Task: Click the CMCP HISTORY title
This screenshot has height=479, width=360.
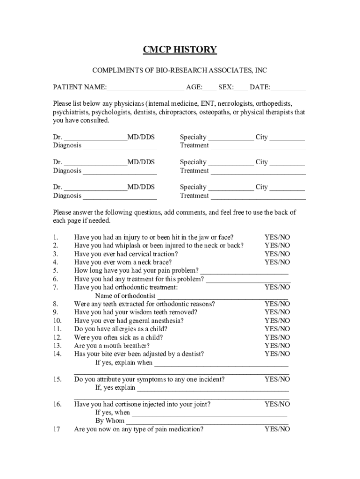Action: click(x=180, y=50)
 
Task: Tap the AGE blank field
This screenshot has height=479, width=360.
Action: click(x=209, y=88)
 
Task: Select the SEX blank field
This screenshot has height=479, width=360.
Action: click(x=241, y=88)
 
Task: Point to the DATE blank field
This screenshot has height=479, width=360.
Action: click(x=288, y=88)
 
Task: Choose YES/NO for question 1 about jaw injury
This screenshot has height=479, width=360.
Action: click(x=277, y=237)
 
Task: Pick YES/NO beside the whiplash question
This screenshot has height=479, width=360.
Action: click(x=277, y=246)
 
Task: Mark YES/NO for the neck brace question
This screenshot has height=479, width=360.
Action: click(x=277, y=262)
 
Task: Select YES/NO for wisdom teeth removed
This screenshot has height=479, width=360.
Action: click(x=277, y=312)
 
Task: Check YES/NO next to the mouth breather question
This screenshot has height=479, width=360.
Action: click(x=277, y=346)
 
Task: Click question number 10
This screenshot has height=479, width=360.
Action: click(x=58, y=321)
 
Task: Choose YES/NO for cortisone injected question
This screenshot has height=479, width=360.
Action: click(x=277, y=404)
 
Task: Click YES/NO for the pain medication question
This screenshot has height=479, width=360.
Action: click(x=277, y=429)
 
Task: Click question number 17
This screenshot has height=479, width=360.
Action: click(x=57, y=429)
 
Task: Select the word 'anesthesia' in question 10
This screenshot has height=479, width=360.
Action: click(x=167, y=321)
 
